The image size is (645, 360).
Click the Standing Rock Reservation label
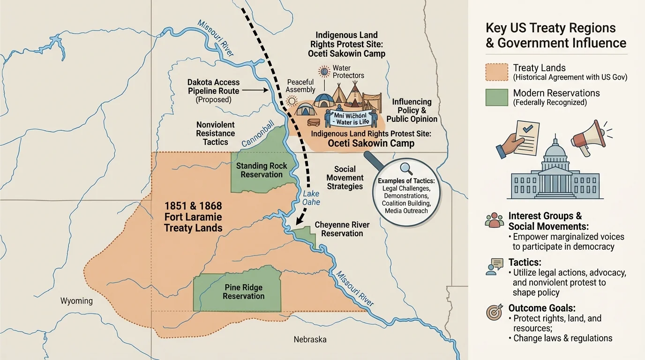(x=262, y=170)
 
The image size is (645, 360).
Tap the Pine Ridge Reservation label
(x=243, y=292)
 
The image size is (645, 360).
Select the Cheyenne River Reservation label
(x=342, y=229)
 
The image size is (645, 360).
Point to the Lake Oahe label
(x=311, y=197)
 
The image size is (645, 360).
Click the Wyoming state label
(x=76, y=301)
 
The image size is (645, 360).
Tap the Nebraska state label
(x=310, y=339)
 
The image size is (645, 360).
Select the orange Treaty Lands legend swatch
(x=497, y=73)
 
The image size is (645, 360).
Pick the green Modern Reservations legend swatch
(x=497, y=97)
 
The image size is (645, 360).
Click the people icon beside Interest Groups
(x=495, y=220)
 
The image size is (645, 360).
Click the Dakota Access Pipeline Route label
(x=213, y=91)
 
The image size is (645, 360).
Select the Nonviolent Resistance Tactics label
(x=215, y=134)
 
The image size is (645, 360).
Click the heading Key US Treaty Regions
(x=551, y=28)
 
